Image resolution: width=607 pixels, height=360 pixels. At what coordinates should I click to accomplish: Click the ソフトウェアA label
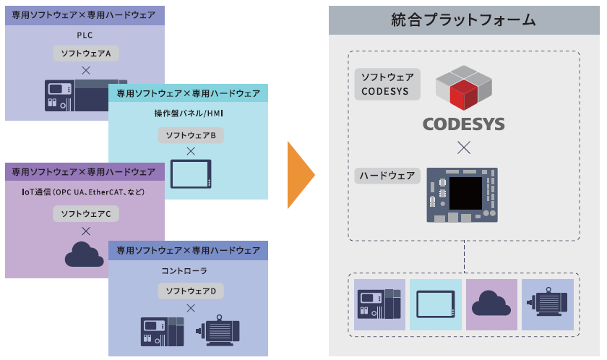tap(85, 53)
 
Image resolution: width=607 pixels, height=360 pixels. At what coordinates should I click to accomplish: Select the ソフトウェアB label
tap(191, 135)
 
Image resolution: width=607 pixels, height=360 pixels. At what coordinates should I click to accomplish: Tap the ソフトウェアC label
tap(85, 213)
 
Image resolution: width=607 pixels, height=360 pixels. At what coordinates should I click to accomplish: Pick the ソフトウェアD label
tap(191, 291)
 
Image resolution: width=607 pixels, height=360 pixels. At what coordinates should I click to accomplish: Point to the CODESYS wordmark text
tap(463, 124)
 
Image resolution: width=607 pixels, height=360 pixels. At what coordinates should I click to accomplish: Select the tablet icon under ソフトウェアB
tap(191, 173)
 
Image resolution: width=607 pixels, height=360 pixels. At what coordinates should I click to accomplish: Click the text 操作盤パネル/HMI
tap(191, 114)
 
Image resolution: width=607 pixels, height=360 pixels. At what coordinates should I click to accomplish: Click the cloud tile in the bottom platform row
tap(491, 304)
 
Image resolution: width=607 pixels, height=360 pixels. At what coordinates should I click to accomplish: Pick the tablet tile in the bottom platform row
tap(436, 304)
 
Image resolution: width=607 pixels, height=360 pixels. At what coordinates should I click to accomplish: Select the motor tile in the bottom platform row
tap(548, 304)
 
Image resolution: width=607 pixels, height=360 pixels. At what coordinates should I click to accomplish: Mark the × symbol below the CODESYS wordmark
tap(463, 148)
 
